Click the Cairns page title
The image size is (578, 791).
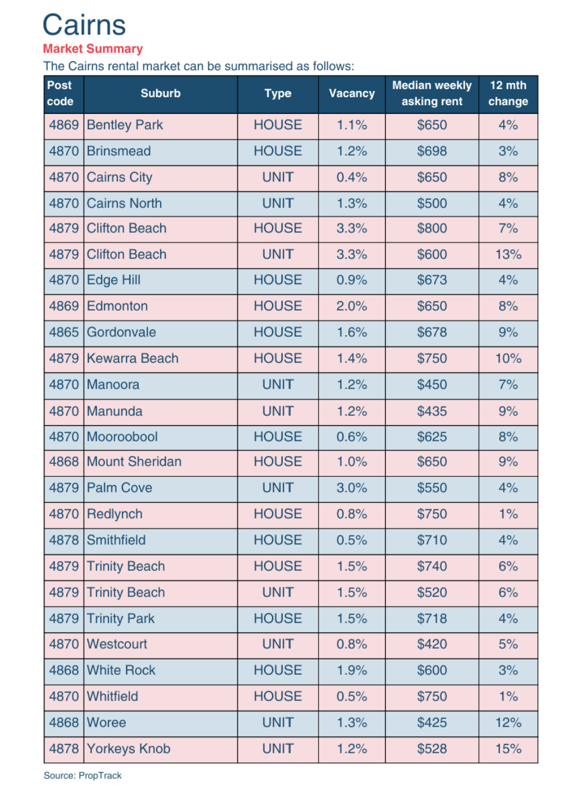[84, 25]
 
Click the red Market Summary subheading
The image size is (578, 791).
[93, 49]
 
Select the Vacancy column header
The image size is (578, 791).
[352, 94]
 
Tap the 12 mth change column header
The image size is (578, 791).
[508, 94]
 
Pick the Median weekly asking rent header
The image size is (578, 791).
[432, 94]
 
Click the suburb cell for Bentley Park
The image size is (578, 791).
[125, 125]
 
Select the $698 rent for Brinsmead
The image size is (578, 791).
[432, 152]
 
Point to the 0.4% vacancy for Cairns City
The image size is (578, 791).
[352, 178]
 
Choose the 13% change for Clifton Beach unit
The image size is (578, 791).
[508, 254]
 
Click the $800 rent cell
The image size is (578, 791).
[432, 229]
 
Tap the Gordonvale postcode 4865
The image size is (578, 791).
[64, 333]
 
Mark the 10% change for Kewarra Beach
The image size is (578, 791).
[508, 359]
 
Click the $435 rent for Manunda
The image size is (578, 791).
[432, 412]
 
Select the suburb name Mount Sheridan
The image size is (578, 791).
[134, 462]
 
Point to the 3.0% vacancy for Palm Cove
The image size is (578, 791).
[352, 488]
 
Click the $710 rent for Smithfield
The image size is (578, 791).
[432, 541]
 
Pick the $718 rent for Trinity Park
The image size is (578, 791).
[432, 619]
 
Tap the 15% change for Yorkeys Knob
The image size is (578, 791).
[508, 749]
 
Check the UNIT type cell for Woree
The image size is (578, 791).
[277, 723]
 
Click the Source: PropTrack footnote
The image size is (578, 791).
[82, 776]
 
